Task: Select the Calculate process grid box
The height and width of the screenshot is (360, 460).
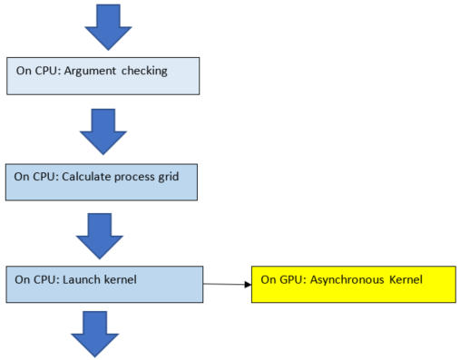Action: coord(102,182)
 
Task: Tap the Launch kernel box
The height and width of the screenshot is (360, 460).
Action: coord(103,284)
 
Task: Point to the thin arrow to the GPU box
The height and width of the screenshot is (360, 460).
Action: coord(227,285)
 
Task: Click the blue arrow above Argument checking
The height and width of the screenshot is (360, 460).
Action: coord(108,25)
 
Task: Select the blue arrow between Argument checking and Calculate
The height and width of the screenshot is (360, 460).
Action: coord(103,131)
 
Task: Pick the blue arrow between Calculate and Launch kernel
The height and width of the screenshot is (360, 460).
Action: coord(99,234)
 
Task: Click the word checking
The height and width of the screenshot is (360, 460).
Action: coord(144,71)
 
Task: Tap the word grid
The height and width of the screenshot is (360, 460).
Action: coord(172,176)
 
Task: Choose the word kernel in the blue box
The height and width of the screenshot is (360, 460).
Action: coord(118,278)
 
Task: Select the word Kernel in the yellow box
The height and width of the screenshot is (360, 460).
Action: coord(406,278)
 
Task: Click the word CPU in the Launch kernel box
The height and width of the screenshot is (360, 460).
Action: coord(44,278)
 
